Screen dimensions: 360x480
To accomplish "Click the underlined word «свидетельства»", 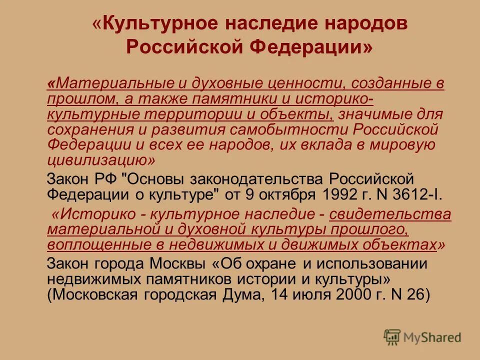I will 390,214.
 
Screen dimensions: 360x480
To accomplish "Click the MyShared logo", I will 422,338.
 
